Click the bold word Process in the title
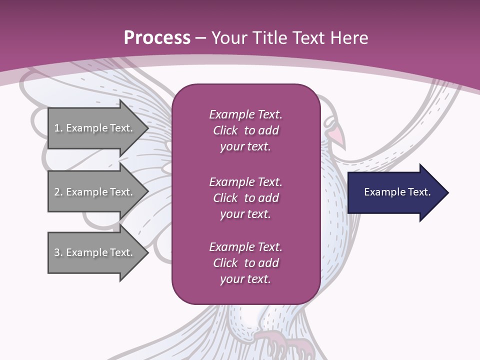tap(157, 38)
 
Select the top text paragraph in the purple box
tap(245, 130)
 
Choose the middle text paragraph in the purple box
tap(245, 198)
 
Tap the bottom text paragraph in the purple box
tap(245, 263)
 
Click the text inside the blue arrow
tap(397, 192)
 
